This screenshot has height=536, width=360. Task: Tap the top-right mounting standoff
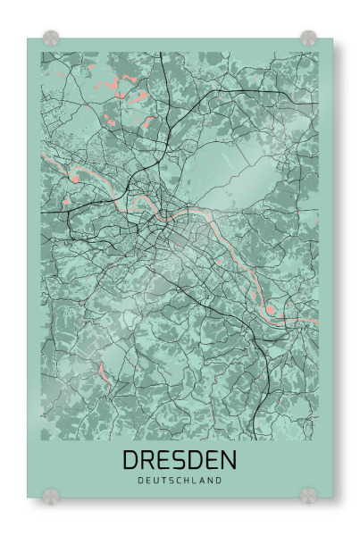(x=308, y=38)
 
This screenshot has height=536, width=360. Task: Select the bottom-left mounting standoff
(x=52, y=493)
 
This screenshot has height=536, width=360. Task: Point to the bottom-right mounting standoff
(x=309, y=493)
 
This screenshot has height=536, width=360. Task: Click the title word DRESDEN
(x=180, y=460)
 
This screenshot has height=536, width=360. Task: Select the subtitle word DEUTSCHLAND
(x=180, y=481)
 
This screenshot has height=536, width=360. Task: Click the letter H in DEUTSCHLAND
(x=188, y=481)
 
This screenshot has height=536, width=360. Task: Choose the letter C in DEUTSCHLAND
(x=180, y=481)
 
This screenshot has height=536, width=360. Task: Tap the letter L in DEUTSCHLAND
(x=197, y=481)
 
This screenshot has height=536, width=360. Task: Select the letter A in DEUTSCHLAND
(x=204, y=481)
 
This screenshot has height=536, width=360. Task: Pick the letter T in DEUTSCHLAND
(x=165, y=481)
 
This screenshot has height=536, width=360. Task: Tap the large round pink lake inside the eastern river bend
(x=272, y=310)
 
